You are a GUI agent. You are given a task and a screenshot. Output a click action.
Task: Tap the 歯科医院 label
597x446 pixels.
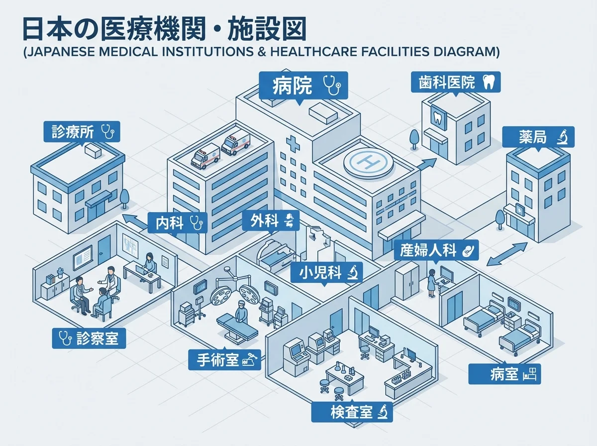pyautogui.click(x=455, y=83)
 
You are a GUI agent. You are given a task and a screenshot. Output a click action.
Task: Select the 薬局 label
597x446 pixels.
pyautogui.click(x=538, y=137)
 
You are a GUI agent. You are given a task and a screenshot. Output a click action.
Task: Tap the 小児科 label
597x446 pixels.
pyautogui.click(x=328, y=273)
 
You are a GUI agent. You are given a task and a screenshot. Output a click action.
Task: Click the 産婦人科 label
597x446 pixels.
pyautogui.click(x=436, y=250)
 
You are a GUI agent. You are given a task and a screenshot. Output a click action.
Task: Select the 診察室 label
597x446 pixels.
pyautogui.click(x=89, y=338)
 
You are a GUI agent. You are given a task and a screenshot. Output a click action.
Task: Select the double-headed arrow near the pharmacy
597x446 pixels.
pyautogui.click(x=507, y=254)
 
